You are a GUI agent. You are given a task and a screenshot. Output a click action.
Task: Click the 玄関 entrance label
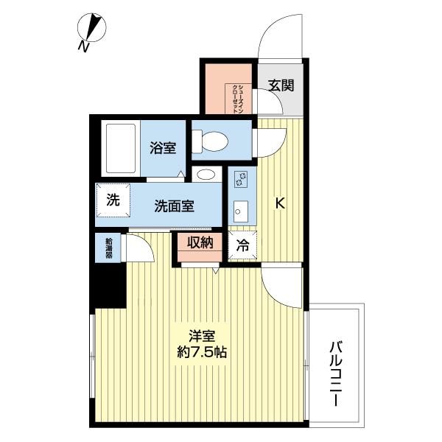[281, 85]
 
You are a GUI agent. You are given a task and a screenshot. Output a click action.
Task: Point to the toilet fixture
[214, 140]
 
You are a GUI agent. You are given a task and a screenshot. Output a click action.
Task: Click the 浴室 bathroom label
[164, 147]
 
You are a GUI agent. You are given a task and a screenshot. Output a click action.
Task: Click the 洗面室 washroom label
[175, 206]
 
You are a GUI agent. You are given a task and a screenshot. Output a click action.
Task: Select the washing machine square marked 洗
[113, 200]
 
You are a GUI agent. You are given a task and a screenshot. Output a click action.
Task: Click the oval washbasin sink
[206, 175]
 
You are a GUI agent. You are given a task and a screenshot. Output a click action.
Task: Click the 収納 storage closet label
[199, 243]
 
